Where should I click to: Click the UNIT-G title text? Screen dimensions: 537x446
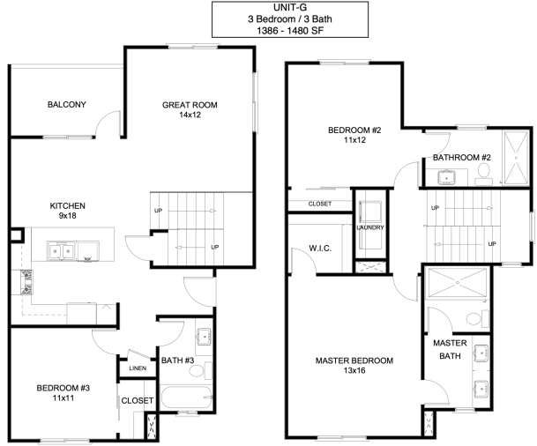click(290, 7)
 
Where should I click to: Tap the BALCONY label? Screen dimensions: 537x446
click(67, 104)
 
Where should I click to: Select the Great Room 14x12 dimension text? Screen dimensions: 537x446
click(190, 115)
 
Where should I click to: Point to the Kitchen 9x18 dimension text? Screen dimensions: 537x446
click(68, 216)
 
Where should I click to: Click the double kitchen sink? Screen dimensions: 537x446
click(61, 251)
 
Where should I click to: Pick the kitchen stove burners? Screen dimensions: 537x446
click(26, 282)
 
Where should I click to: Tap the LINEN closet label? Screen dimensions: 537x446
click(138, 368)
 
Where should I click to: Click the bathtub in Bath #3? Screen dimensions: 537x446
click(186, 397)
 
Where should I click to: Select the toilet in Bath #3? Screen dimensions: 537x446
click(200, 370)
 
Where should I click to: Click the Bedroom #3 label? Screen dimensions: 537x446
click(63, 388)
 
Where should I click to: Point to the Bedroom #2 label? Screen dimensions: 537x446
click(354, 130)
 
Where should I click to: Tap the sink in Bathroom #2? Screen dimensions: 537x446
click(446, 177)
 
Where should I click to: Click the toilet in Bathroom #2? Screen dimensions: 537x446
click(484, 174)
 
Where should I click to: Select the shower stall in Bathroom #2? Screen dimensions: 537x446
click(516, 158)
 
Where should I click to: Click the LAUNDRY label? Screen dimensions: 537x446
click(370, 227)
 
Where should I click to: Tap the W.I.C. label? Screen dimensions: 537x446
click(320, 249)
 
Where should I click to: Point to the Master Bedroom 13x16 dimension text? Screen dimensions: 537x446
click(354, 370)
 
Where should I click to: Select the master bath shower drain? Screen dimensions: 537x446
click(458, 282)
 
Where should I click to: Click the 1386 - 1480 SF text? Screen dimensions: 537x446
click(290, 31)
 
